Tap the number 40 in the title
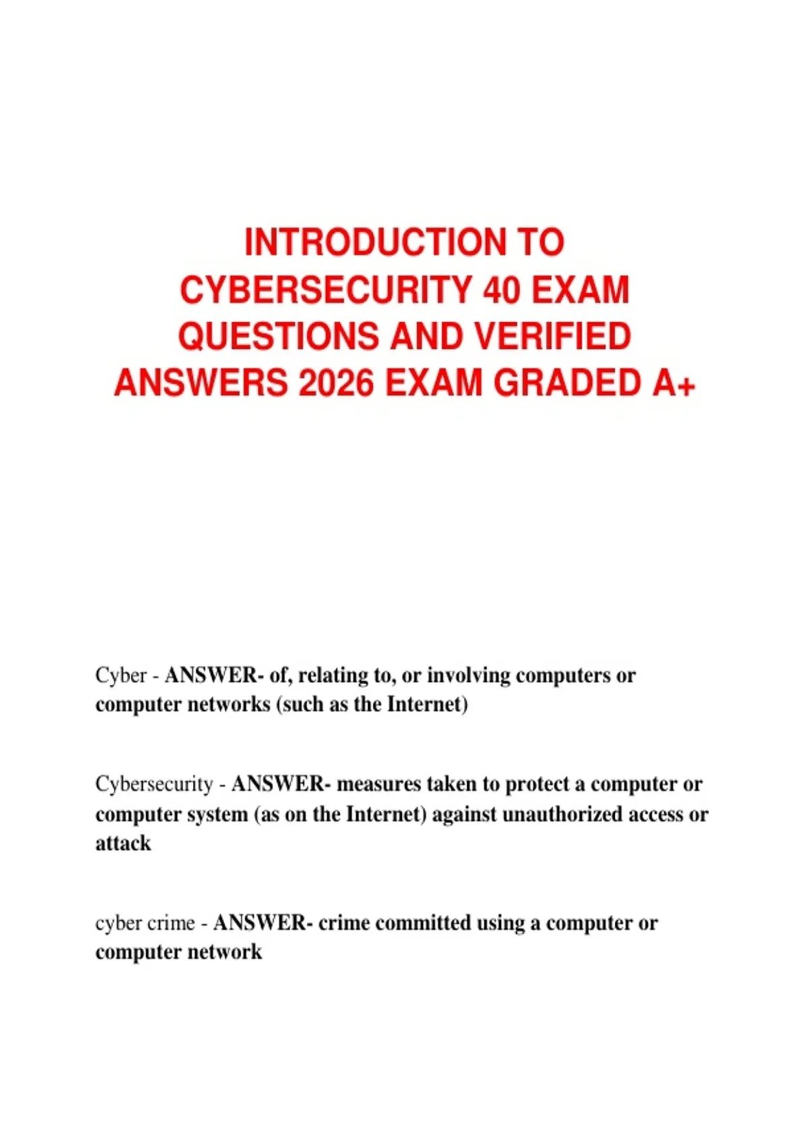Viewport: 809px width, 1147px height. pos(502,290)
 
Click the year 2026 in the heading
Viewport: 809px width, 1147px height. pos(336,383)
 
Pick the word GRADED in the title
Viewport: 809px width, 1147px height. pos(568,383)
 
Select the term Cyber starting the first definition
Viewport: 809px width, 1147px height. pos(121,675)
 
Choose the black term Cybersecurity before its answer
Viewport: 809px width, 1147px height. pos(154,784)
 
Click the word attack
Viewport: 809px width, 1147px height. pos(123,843)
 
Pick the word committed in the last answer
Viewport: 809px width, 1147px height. pos(423,923)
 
